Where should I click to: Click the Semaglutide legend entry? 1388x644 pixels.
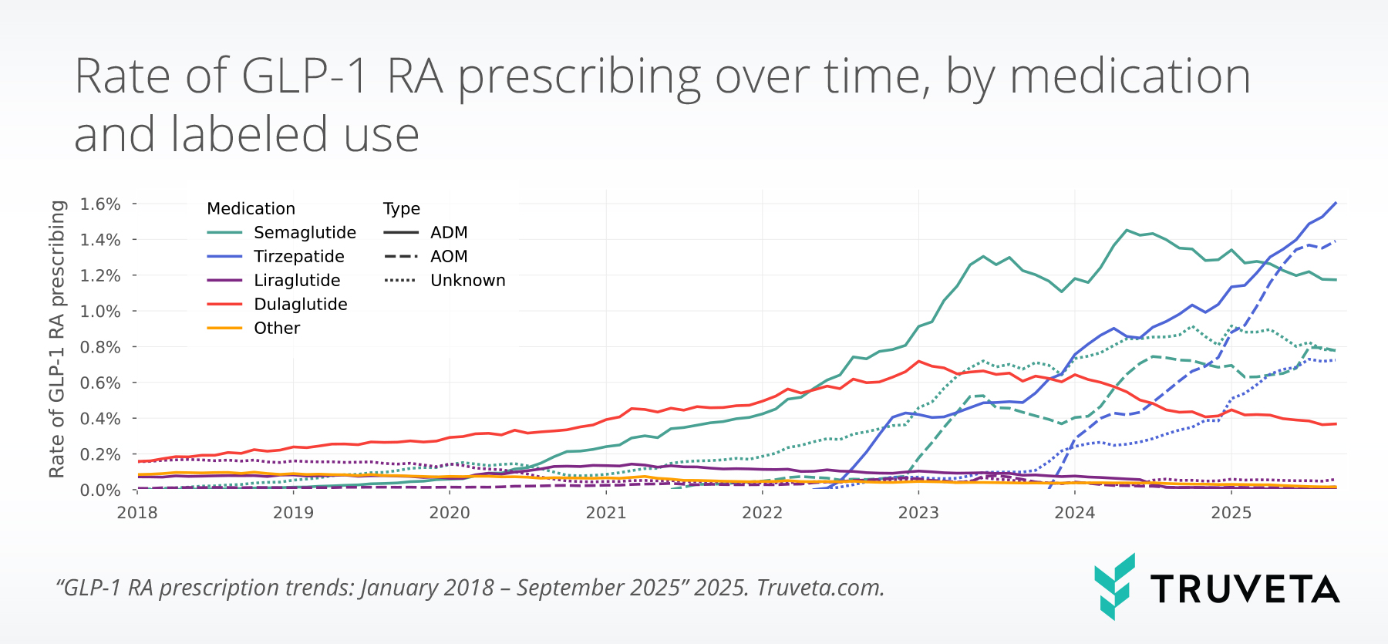point(305,233)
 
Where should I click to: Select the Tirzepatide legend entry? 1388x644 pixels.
point(298,257)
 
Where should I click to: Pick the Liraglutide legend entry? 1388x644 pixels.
point(297,281)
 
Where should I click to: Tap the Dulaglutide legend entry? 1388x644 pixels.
point(300,305)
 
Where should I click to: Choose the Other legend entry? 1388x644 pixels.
point(277,329)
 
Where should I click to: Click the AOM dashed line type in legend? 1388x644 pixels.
point(449,257)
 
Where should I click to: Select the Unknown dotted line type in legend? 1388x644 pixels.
point(467,281)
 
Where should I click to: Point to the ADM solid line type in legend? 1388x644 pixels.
point(449,233)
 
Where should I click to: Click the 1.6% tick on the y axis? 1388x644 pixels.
point(100,204)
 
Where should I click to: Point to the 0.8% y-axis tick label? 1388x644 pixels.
point(100,347)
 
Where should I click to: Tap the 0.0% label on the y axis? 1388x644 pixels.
point(100,491)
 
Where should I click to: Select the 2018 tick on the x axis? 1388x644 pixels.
point(137,513)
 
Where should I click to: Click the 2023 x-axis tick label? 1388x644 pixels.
point(918,513)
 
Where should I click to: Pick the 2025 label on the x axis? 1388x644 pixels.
point(1231,513)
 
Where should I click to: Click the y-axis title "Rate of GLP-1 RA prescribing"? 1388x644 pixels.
point(57,339)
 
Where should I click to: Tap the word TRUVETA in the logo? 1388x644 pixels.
point(1245,590)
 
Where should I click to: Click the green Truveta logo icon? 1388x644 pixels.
point(1114,586)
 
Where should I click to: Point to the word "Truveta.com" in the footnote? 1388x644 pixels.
point(820,588)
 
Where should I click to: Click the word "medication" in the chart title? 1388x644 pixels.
point(1130,77)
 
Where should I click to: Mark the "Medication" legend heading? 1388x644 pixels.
point(251,209)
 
